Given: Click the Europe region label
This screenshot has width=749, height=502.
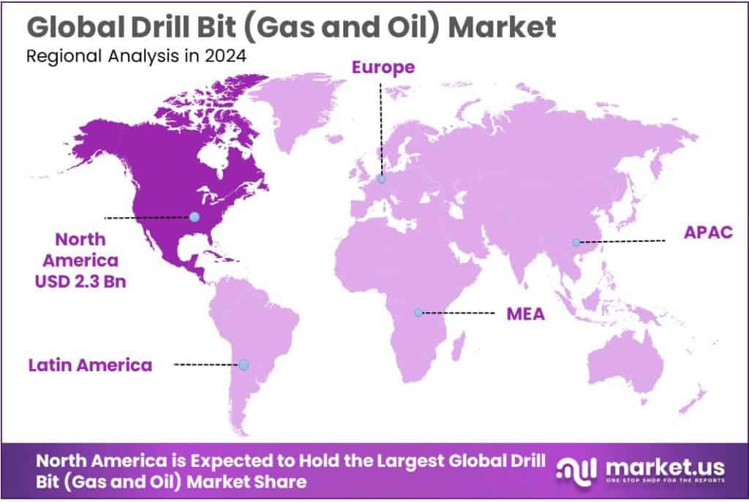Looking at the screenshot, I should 383,68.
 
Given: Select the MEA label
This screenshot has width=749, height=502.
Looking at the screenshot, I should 526,315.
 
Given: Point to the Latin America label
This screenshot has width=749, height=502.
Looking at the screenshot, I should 91,365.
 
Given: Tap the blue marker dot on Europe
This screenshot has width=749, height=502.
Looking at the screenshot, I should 382,179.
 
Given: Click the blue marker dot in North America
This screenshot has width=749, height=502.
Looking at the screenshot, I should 194,216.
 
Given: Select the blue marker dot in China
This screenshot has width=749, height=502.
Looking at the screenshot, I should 576,242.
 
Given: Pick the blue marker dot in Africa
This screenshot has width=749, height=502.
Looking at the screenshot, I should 418,313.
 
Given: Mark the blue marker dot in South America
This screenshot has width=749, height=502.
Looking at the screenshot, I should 244,365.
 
